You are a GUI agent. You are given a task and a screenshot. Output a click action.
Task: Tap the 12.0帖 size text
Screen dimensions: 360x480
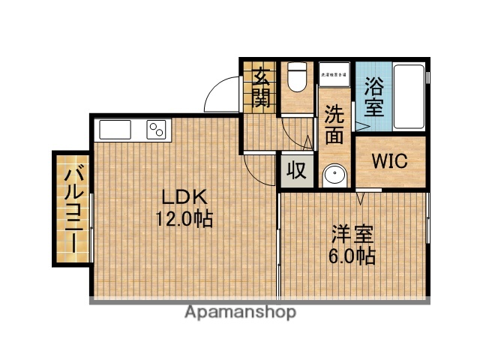[x=183, y=220]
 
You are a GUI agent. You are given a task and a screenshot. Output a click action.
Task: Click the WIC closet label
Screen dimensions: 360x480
[x=390, y=161]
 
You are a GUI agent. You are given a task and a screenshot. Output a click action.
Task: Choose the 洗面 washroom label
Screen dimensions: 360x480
[x=334, y=124]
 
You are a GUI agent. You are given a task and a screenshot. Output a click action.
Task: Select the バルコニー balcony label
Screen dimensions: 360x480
[x=73, y=208]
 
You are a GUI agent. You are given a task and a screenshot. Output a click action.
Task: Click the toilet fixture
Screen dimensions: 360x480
[x=297, y=78]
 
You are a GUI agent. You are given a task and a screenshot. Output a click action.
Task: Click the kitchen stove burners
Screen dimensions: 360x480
[x=157, y=129]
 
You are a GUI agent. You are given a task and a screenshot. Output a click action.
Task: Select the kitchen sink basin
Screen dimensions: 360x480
[x=115, y=130]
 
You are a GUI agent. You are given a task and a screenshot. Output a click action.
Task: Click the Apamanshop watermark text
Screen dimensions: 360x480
[x=241, y=312]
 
